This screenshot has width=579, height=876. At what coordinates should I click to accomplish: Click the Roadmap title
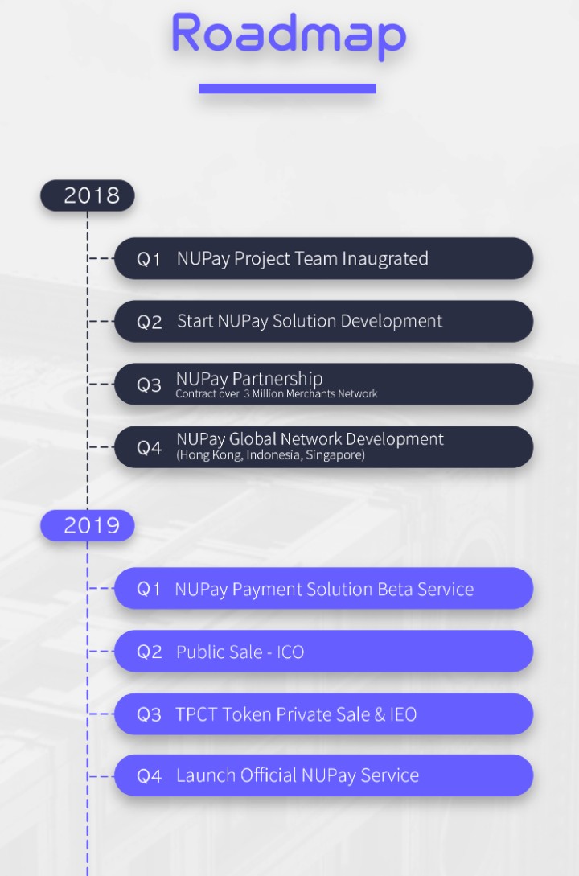pos(289,34)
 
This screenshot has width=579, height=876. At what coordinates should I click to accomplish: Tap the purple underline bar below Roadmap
pos(288,88)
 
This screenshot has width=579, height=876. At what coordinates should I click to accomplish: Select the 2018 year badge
pos(88,195)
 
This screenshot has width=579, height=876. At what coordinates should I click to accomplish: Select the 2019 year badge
pos(88,525)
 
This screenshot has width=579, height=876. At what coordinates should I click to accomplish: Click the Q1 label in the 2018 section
pos(149,259)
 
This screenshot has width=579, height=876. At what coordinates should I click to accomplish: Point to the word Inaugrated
pos(384,259)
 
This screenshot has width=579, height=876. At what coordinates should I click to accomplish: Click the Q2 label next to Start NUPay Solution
pos(149,323)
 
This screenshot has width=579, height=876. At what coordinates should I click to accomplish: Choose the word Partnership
pos(277,379)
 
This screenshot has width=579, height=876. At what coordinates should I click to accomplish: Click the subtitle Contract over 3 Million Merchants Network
pos(277,394)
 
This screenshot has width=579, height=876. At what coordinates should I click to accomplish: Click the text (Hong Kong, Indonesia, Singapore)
pos(270,454)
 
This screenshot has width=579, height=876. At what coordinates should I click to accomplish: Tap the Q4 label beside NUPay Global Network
pos(149,448)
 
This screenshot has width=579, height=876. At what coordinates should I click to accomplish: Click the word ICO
pos(290,652)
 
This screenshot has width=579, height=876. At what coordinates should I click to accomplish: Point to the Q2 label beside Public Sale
pos(149,652)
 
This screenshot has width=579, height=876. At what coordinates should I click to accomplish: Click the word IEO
pos(403,714)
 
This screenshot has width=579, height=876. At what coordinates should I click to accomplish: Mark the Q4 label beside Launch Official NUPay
pos(149,776)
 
